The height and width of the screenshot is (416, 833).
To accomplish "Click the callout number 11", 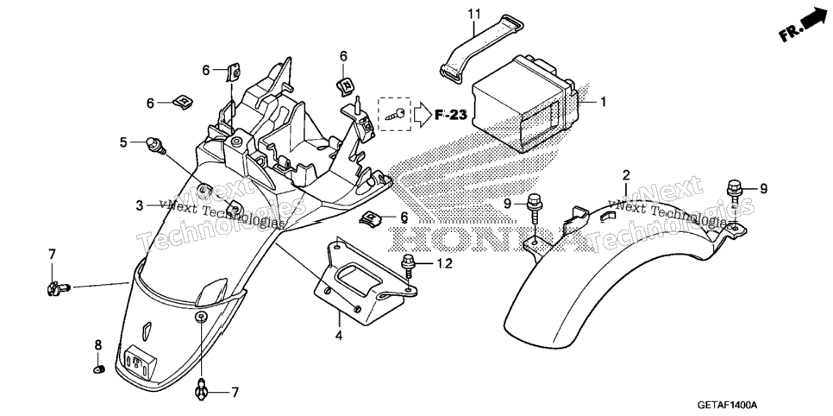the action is click(474, 14).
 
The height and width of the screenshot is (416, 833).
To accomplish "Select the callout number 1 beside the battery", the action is click(603, 101).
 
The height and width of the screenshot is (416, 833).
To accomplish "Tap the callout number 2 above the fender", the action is click(626, 175).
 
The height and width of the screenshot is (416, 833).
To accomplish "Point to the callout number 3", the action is click(139, 205).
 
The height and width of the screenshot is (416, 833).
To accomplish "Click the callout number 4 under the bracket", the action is click(339, 336).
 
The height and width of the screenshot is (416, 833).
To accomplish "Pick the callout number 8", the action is click(98, 345).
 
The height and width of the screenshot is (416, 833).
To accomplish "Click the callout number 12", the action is click(445, 263).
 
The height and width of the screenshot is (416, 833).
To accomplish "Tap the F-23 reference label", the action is click(450, 115).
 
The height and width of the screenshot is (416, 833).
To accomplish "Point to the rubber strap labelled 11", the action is click(479, 47).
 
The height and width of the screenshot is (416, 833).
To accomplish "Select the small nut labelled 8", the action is click(99, 369).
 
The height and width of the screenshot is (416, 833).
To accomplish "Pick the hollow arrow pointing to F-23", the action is click(423, 115).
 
